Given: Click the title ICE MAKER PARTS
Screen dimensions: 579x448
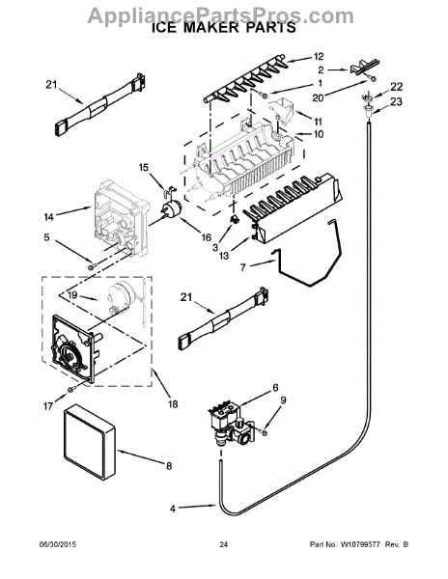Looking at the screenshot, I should click(223, 30).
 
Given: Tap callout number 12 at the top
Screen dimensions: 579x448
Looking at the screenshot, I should click(319, 56).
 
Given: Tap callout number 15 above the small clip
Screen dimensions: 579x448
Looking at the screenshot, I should click(145, 167).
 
